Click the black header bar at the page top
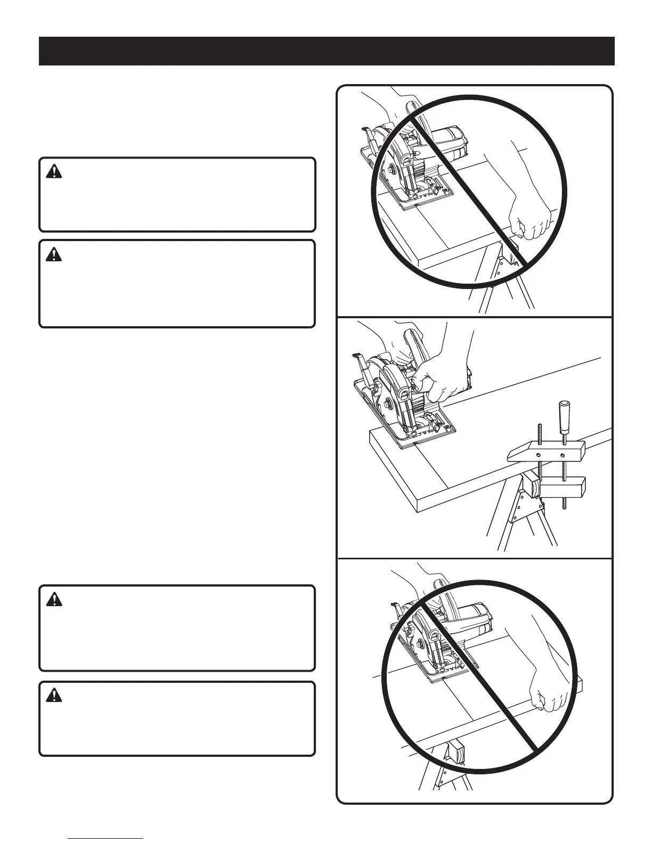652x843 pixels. pos(326,51)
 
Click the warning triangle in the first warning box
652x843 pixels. pos(54,171)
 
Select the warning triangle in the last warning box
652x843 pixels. pos(54,695)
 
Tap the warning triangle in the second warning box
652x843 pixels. pos(54,255)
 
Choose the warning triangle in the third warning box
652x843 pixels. pos(54,600)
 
